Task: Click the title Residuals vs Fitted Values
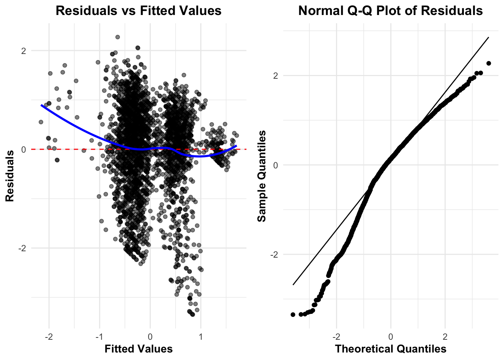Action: (x=138, y=10)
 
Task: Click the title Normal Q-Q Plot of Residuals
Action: (x=390, y=10)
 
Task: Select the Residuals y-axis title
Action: (x=10, y=175)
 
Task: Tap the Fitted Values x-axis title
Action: (x=138, y=349)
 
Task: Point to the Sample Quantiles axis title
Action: (x=262, y=175)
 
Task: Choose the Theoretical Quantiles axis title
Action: (x=390, y=349)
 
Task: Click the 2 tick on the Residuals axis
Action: (x=24, y=51)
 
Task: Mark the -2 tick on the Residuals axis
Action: (x=22, y=248)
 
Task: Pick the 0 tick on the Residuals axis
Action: (x=24, y=150)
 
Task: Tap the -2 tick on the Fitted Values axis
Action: (x=48, y=336)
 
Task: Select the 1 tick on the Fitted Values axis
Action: (x=201, y=336)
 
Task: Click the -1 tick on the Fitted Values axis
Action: (x=99, y=336)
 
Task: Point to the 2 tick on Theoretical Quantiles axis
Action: (x=445, y=336)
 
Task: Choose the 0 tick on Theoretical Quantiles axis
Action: (x=391, y=336)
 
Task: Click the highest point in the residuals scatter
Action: (x=117, y=37)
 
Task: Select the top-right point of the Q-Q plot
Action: (x=489, y=63)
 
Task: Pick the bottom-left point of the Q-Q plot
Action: (x=293, y=314)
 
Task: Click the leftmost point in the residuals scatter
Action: (x=41, y=122)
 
